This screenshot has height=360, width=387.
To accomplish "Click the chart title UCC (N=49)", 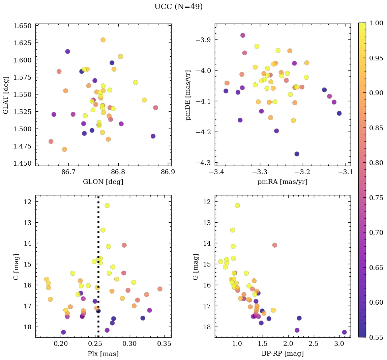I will point(178,7).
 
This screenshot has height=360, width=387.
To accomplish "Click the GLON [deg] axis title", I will point(103,182).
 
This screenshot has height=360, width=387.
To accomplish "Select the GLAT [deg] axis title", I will point(6,95).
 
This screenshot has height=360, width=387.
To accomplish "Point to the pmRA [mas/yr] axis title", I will point(282,182).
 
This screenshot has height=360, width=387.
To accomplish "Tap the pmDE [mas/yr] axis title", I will point(188,95).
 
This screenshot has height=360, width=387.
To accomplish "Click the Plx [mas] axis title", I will point(103,354).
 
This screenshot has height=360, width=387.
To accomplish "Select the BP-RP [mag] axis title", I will point(282,354).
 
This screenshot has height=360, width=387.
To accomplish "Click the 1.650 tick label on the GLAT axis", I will point(22,26).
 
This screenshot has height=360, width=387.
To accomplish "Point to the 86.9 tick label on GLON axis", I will point(168,172).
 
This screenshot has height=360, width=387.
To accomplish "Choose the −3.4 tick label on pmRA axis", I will point(216,172).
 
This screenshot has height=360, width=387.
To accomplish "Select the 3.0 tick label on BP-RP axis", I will point(339,344).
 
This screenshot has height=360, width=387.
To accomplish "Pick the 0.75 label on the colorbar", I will point(376,198).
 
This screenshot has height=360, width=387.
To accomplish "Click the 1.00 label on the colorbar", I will point(376,23).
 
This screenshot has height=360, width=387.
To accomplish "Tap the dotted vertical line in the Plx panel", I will point(98,236).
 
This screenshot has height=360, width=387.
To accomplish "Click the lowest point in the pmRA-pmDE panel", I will point(297,154).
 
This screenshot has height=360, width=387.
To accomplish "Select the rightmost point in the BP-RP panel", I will point(344,332).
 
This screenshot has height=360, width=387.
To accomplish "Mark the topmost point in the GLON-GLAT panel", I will point(103,40).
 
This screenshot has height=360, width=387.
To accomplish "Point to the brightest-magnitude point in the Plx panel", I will point(107,205).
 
